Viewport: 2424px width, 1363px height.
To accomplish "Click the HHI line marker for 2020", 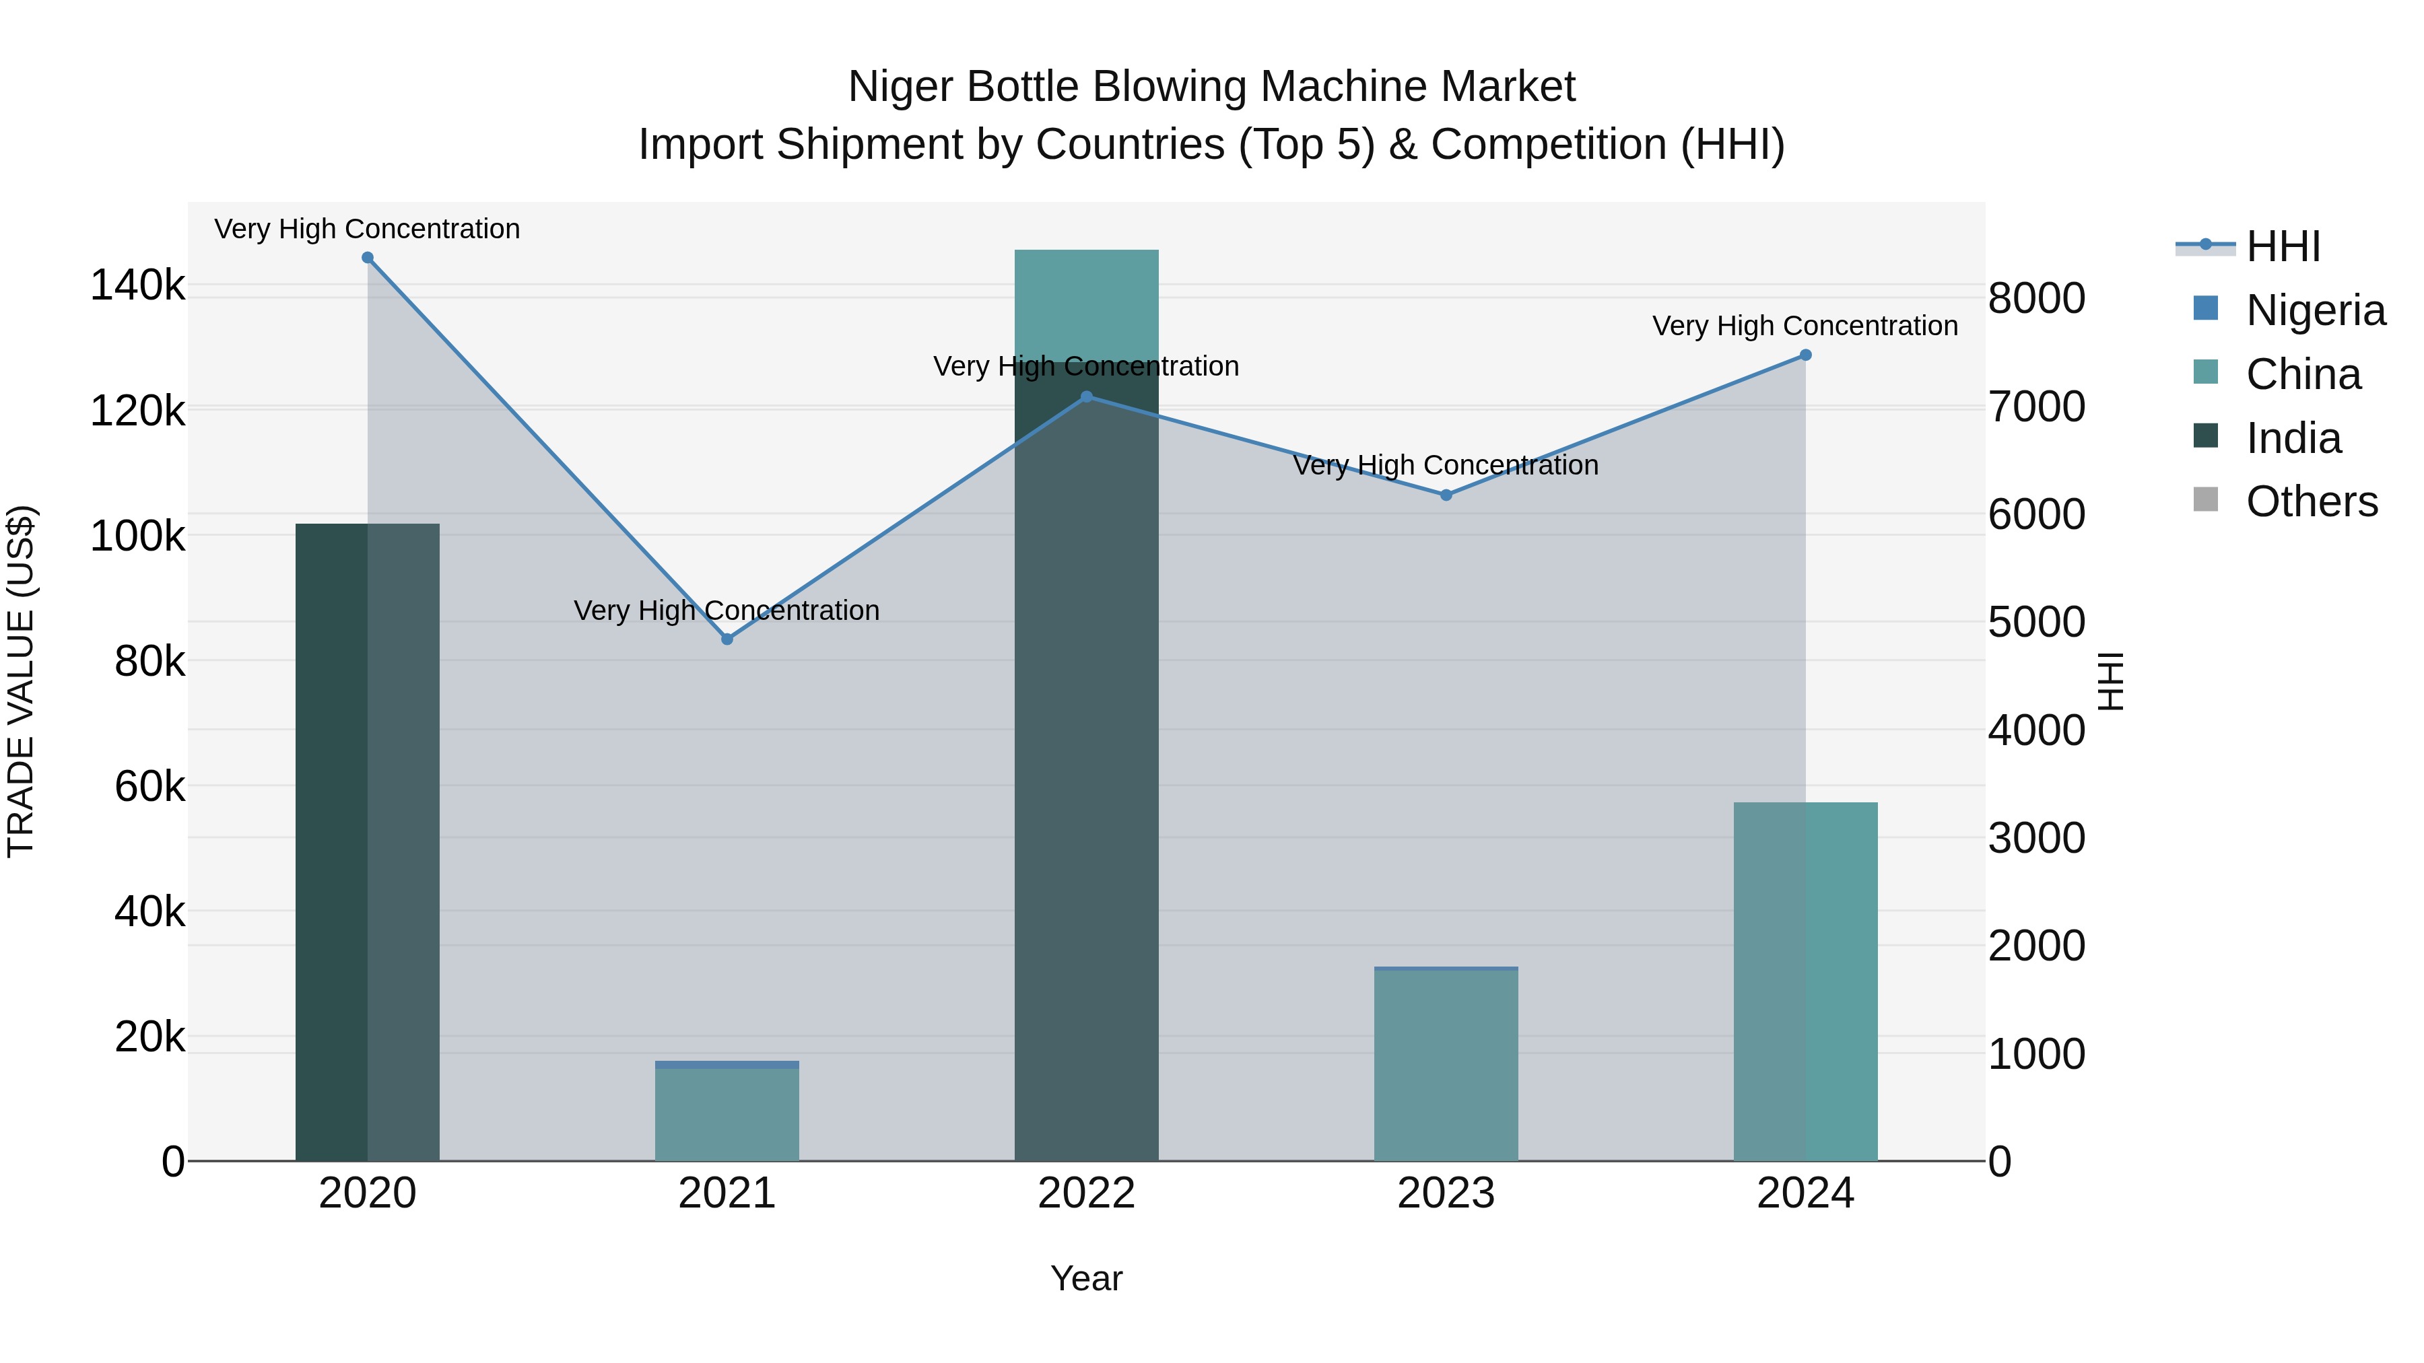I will click(x=367, y=258).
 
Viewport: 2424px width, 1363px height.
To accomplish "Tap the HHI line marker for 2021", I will click(x=727, y=639).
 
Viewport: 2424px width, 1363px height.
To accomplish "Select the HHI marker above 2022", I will click(x=1087, y=397).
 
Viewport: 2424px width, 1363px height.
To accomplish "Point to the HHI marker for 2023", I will click(x=1446, y=495).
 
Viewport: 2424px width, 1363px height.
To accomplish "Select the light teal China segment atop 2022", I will click(x=1087, y=305).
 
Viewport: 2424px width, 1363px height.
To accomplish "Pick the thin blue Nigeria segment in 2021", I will click(x=727, y=1065).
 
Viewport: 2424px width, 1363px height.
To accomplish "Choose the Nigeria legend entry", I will click(x=2315, y=310).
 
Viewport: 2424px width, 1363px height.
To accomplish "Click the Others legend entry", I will click(x=2311, y=501).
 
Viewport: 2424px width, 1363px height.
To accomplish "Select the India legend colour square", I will click(x=2206, y=436).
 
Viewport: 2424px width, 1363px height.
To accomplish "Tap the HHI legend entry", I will click(x=2282, y=246).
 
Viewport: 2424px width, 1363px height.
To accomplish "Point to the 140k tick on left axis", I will click(x=137, y=285).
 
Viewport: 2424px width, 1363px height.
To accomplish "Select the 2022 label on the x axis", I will click(x=1087, y=1193).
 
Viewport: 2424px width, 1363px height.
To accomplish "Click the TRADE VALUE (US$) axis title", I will click(x=22, y=681).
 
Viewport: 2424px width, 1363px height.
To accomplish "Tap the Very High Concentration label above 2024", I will click(x=1805, y=326).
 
